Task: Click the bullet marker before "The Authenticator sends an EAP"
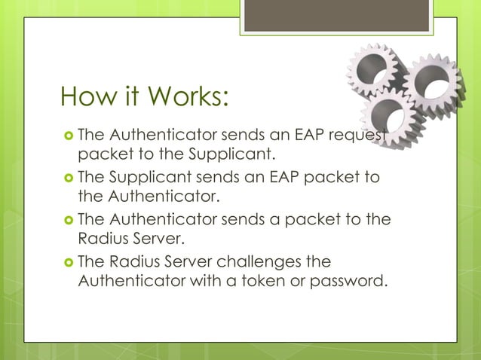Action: point(68,136)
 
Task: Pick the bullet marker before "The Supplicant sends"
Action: point(68,178)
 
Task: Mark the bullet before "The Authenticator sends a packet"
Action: point(68,221)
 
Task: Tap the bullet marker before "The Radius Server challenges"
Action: point(68,263)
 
